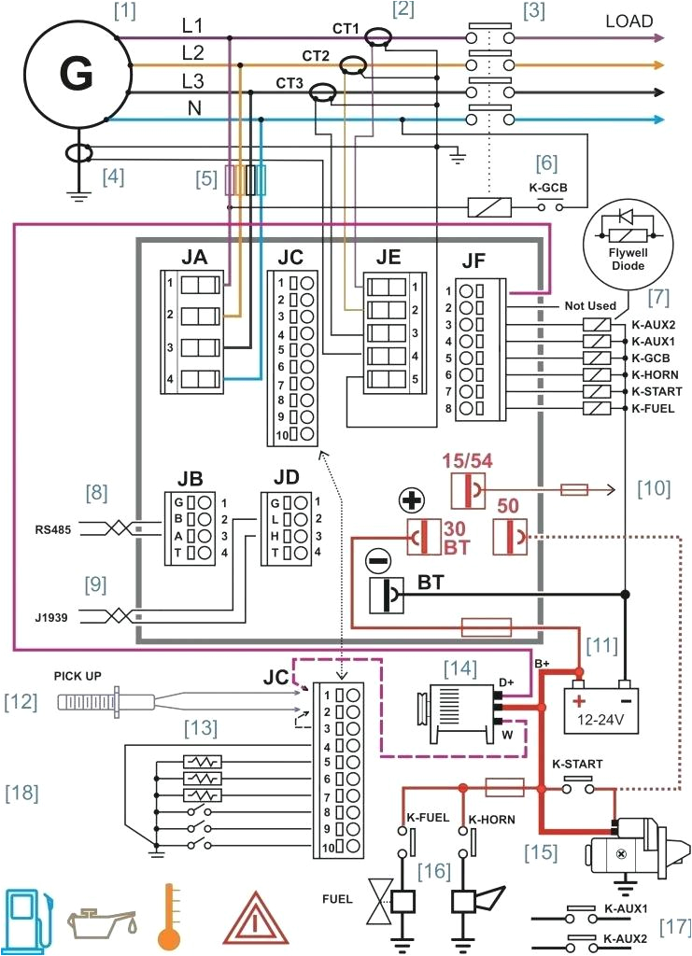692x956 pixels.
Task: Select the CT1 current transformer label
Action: [x=345, y=30]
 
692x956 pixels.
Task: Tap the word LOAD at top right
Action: [x=628, y=21]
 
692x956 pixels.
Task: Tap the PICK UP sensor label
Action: [x=78, y=674]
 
